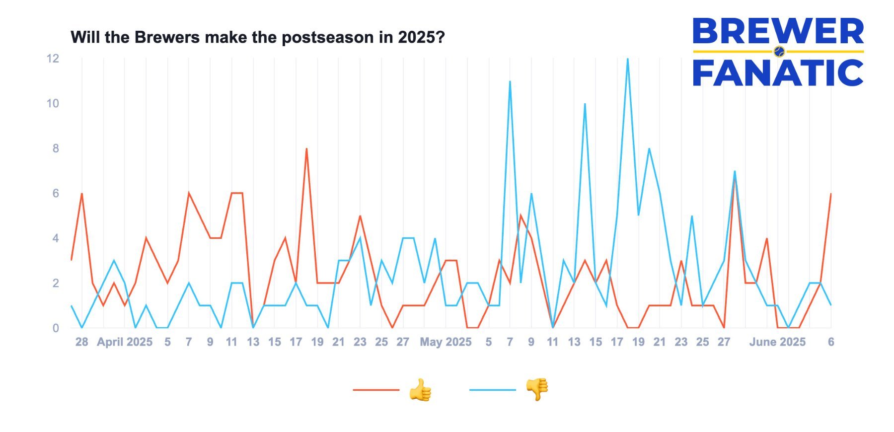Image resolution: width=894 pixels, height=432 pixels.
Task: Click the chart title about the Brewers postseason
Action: [x=257, y=37]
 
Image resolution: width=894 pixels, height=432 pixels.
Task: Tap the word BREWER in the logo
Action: [x=778, y=31]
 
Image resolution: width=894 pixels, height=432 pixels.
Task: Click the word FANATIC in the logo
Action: [x=778, y=73]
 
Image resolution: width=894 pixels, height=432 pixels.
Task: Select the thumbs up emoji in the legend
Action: [x=420, y=390]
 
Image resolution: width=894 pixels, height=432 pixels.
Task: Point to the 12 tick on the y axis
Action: [x=53, y=59]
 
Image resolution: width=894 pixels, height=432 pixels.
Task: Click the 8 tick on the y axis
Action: [x=56, y=148]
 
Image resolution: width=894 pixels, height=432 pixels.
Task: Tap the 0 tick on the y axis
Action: [x=56, y=328]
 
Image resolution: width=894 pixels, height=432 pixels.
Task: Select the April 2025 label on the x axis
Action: [x=124, y=342]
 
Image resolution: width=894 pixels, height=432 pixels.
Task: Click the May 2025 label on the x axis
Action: [x=446, y=342]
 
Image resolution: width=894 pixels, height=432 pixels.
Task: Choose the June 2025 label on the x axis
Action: [x=777, y=342]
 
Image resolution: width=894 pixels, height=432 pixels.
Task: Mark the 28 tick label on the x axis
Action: [x=81, y=342]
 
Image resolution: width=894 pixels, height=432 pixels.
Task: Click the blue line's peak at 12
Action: [x=628, y=59]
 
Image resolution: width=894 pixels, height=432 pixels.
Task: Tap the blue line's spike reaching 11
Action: [x=510, y=82]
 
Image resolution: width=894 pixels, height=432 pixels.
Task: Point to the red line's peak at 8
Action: [x=306, y=149]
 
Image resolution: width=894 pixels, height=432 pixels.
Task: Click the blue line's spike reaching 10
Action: [x=585, y=104]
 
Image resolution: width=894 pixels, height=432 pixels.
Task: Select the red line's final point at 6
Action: [x=831, y=194]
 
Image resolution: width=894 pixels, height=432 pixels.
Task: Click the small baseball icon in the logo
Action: [x=779, y=51]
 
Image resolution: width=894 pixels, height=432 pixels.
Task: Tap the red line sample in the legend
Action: [x=376, y=390]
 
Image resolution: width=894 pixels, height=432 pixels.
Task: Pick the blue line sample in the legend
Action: [x=492, y=390]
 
